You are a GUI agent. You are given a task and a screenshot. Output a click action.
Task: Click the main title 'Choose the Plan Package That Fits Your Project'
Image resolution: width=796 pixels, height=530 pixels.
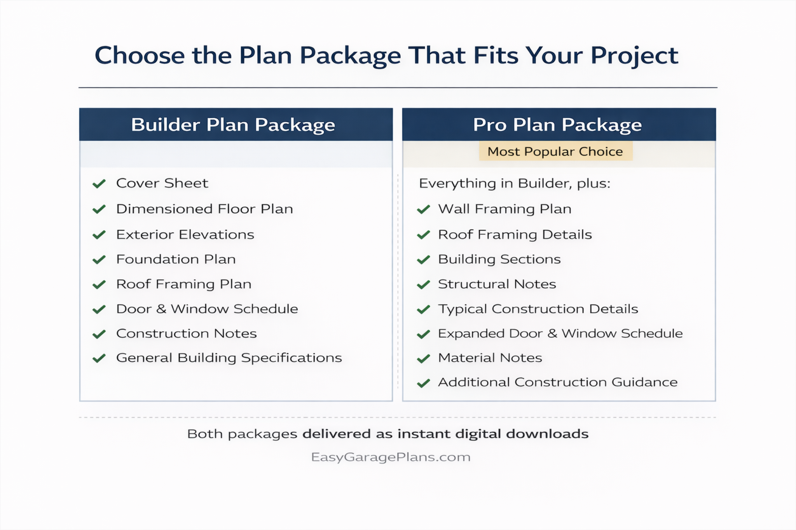[x=386, y=56]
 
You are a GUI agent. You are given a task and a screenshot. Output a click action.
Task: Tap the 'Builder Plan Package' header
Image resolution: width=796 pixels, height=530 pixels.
[x=233, y=125]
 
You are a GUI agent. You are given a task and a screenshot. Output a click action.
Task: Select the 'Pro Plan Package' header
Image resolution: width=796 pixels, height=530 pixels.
[x=557, y=125]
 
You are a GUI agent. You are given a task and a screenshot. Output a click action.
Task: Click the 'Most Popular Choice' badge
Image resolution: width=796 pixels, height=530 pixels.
[x=555, y=151]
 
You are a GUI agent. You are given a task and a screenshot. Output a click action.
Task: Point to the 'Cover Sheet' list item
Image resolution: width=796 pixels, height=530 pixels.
[x=162, y=183]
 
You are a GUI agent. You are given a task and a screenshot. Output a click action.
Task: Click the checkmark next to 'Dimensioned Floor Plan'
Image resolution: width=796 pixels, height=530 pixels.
[x=99, y=210]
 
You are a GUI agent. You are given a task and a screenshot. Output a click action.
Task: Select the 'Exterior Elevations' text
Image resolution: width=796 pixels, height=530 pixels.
[x=185, y=235]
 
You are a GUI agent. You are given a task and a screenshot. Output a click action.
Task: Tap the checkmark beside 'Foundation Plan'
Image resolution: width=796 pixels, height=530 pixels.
[x=99, y=259]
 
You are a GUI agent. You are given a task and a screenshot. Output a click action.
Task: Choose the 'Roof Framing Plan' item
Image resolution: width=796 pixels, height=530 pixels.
[x=183, y=284]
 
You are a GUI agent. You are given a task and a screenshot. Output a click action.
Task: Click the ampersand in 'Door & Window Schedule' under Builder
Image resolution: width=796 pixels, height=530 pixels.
[x=161, y=309]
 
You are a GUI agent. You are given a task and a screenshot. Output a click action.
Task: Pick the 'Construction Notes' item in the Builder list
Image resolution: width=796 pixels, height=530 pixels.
[x=186, y=334]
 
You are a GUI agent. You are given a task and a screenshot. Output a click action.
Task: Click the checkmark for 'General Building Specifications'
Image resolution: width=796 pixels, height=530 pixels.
[x=99, y=358]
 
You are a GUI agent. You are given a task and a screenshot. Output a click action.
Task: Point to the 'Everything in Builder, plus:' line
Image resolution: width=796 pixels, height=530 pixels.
[x=515, y=183]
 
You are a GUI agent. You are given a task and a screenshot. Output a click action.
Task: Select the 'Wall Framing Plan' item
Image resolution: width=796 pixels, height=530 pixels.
[x=504, y=209]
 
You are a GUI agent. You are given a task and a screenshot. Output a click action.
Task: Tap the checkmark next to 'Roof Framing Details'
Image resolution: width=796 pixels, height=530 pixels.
[x=423, y=235]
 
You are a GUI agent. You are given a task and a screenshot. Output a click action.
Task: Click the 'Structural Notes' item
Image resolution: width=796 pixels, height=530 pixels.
[x=497, y=284]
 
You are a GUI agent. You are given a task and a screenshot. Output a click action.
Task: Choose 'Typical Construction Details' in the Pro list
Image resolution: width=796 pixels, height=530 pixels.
[x=538, y=309]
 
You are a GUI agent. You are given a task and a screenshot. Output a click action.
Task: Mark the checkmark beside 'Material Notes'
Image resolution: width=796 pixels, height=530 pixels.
[x=423, y=358]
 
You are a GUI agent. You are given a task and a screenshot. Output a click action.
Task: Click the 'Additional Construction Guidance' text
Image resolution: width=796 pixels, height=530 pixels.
[x=558, y=382]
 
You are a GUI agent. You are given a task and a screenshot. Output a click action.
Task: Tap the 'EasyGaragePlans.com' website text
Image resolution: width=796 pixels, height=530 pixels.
[x=391, y=457]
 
